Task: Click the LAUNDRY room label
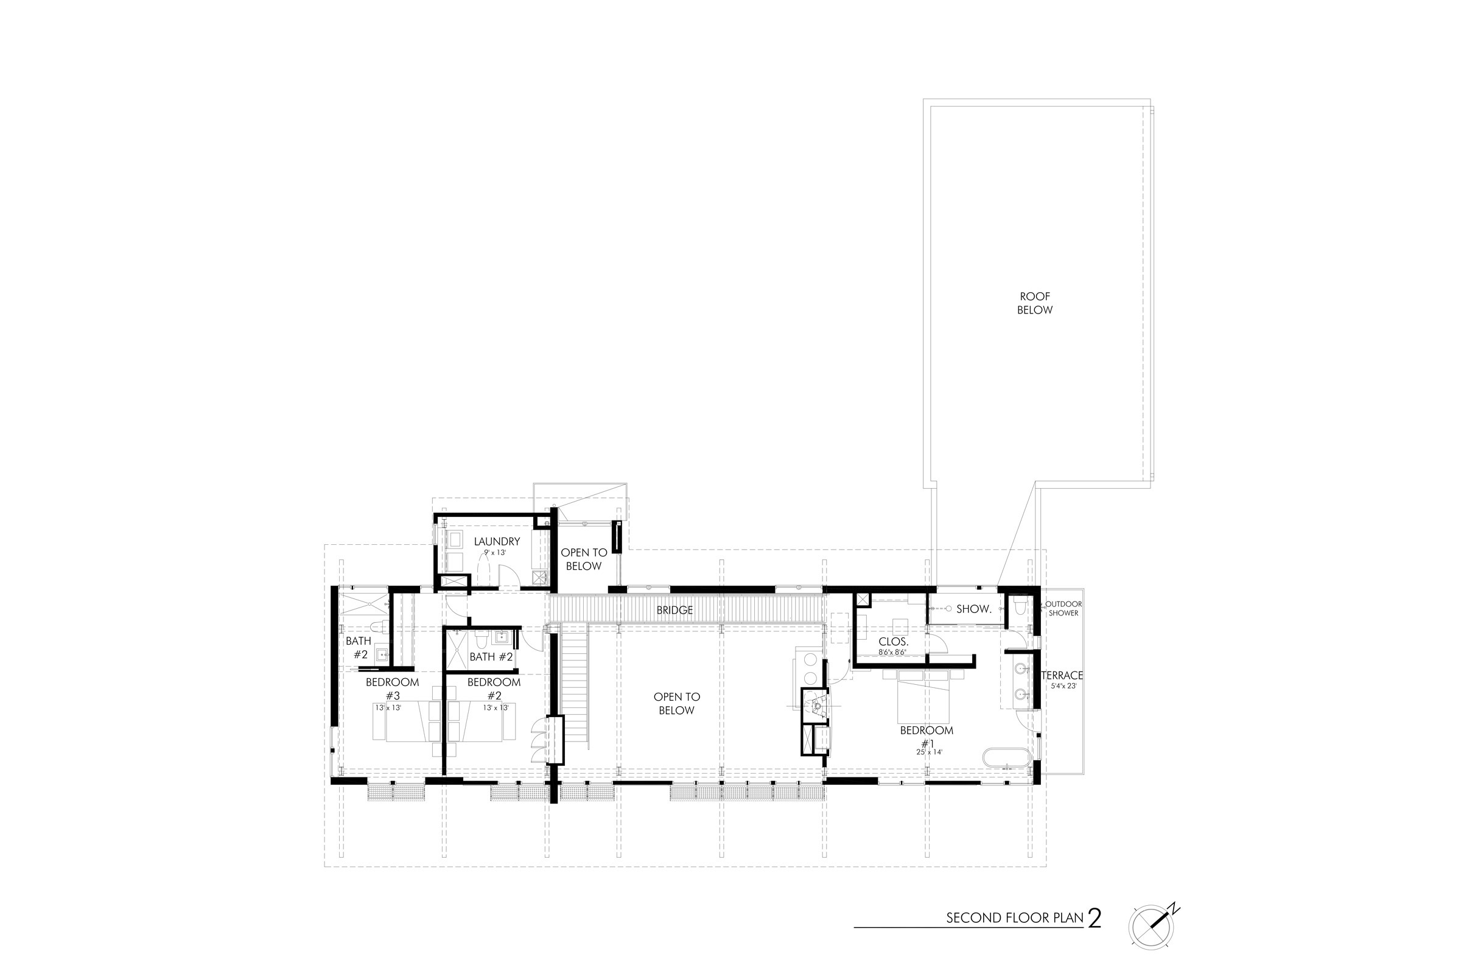[x=497, y=542]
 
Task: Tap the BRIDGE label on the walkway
[x=674, y=611]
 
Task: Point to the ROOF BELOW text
[x=1035, y=303]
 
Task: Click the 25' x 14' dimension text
[x=930, y=752]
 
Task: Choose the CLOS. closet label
[x=894, y=642]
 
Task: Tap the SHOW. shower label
[x=973, y=609]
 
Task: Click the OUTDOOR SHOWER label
[x=1063, y=609]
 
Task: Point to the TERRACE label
[x=1062, y=675]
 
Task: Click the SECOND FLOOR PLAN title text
[x=1015, y=918]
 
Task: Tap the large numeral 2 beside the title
[x=1095, y=918]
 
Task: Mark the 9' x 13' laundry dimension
[x=496, y=552]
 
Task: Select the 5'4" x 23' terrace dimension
[x=1062, y=687]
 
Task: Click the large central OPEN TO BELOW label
[x=676, y=704]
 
